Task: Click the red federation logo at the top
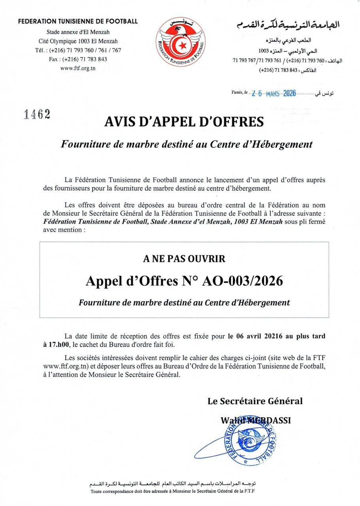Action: pyautogui.click(x=180, y=42)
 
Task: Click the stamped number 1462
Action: pyautogui.click(x=37, y=114)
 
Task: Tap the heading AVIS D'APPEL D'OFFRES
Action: pyautogui.click(x=184, y=121)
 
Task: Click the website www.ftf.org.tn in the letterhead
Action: pyautogui.click(x=78, y=68)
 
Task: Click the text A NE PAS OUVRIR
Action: pyautogui.click(x=184, y=259)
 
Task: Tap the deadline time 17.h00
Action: pyautogui.click(x=58, y=344)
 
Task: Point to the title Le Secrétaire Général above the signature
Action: pyautogui.click(x=255, y=401)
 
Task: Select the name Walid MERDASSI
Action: pyautogui.click(x=256, y=420)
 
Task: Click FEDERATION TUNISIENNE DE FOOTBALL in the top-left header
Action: pyautogui.click(x=78, y=21)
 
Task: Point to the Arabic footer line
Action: pyautogui.click(x=172, y=483)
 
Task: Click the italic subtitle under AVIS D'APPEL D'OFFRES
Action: pyautogui.click(x=186, y=144)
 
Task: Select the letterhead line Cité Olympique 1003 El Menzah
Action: pyautogui.click(x=78, y=41)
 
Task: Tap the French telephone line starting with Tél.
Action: pyautogui.click(x=78, y=50)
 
